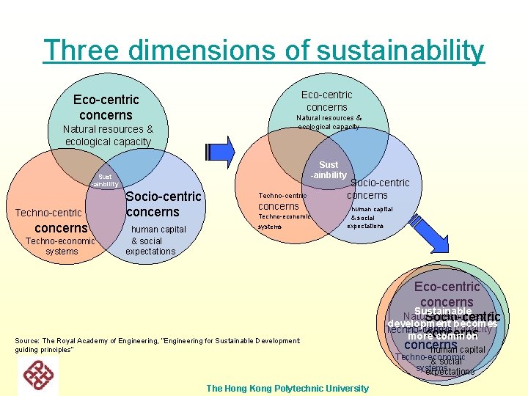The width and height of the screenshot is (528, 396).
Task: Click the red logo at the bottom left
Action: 39,375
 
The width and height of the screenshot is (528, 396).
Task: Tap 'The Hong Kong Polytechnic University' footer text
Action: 287,387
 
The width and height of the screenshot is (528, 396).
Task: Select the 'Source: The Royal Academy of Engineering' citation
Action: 157,345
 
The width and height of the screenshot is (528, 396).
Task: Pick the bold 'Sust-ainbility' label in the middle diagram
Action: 329,170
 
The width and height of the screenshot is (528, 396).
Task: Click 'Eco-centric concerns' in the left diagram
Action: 106,107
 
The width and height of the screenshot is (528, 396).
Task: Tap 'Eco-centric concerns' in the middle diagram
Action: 327,100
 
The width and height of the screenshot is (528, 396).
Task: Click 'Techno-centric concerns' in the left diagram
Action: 56,220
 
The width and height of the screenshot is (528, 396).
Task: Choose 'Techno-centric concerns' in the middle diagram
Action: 282,201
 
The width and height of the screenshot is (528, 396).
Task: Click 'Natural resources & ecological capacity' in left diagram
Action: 108,135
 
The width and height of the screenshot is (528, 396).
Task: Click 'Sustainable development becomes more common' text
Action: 442,323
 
